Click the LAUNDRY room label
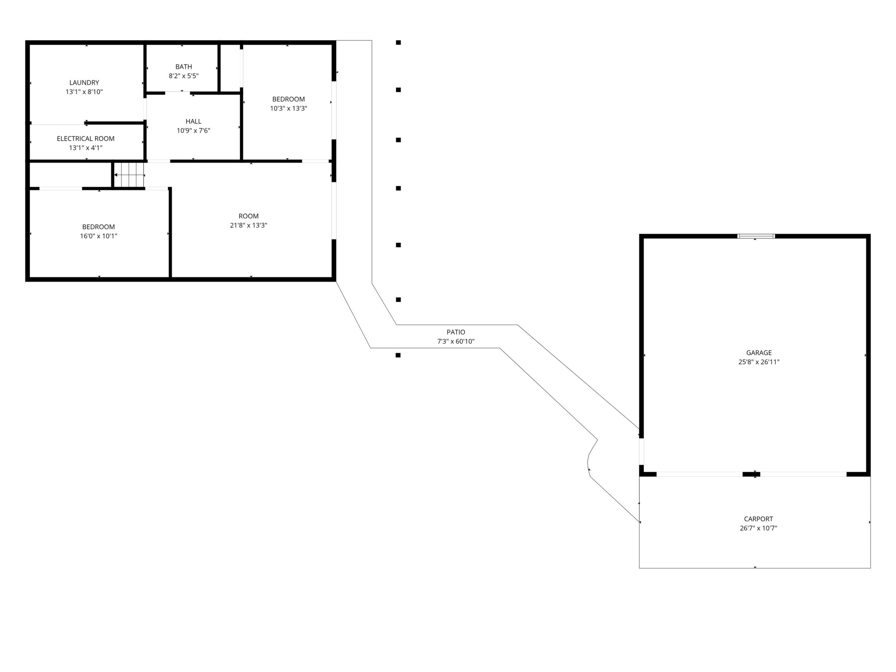[84, 83]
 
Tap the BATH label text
[183, 67]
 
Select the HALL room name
[193, 122]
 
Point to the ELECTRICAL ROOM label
[85, 139]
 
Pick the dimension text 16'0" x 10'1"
[98, 236]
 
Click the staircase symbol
[129, 175]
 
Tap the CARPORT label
[758, 519]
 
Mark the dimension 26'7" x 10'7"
[758, 528]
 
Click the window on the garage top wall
[756, 236]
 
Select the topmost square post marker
[398, 42]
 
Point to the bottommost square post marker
[398, 355]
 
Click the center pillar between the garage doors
[751, 474]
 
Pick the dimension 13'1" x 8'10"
[84, 92]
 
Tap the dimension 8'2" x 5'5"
[183, 76]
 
